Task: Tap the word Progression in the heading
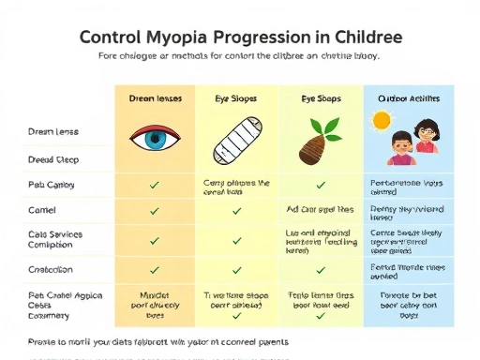pos(265,38)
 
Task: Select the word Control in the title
pos(110,38)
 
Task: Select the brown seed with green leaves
pos(320,143)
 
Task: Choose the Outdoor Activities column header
pos(409,97)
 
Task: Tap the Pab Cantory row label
pos(52,185)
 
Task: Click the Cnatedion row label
pos(52,269)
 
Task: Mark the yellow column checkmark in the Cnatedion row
pos(236,270)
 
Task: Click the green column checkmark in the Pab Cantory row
pos(320,185)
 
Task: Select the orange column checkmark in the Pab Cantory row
pos(154,185)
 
